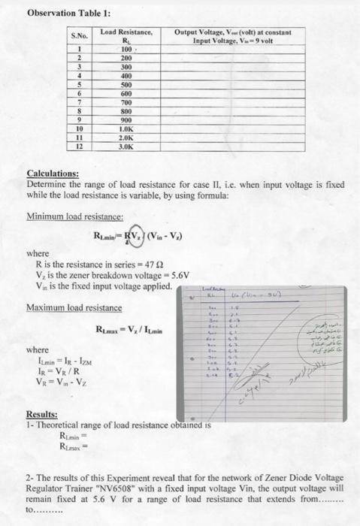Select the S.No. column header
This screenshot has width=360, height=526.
point(79,35)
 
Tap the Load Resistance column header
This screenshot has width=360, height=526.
point(126,38)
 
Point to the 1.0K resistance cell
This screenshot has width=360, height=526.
point(126,128)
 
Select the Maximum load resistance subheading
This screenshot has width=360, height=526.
point(74,308)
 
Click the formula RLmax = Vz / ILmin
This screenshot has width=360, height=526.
point(128,331)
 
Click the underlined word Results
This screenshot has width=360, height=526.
point(42,412)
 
